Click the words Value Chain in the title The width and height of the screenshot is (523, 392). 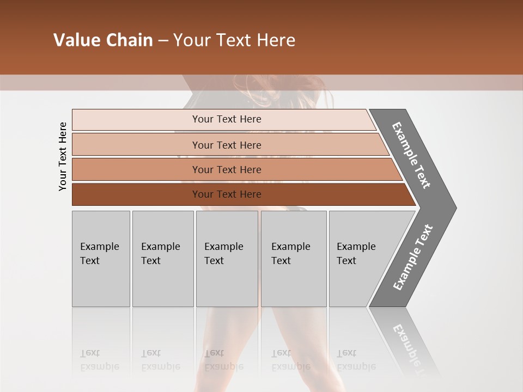click(x=103, y=40)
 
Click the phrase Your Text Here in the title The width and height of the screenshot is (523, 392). click(x=234, y=40)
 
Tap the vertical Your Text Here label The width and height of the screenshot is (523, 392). click(x=63, y=156)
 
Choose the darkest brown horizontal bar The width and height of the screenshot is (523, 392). click(x=136, y=194)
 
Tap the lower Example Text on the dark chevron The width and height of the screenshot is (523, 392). click(x=412, y=258)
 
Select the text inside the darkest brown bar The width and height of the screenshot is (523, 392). click(x=227, y=194)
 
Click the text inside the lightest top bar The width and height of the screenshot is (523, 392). click(x=227, y=119)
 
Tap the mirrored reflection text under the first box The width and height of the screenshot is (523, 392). click(x=100, y=360)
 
